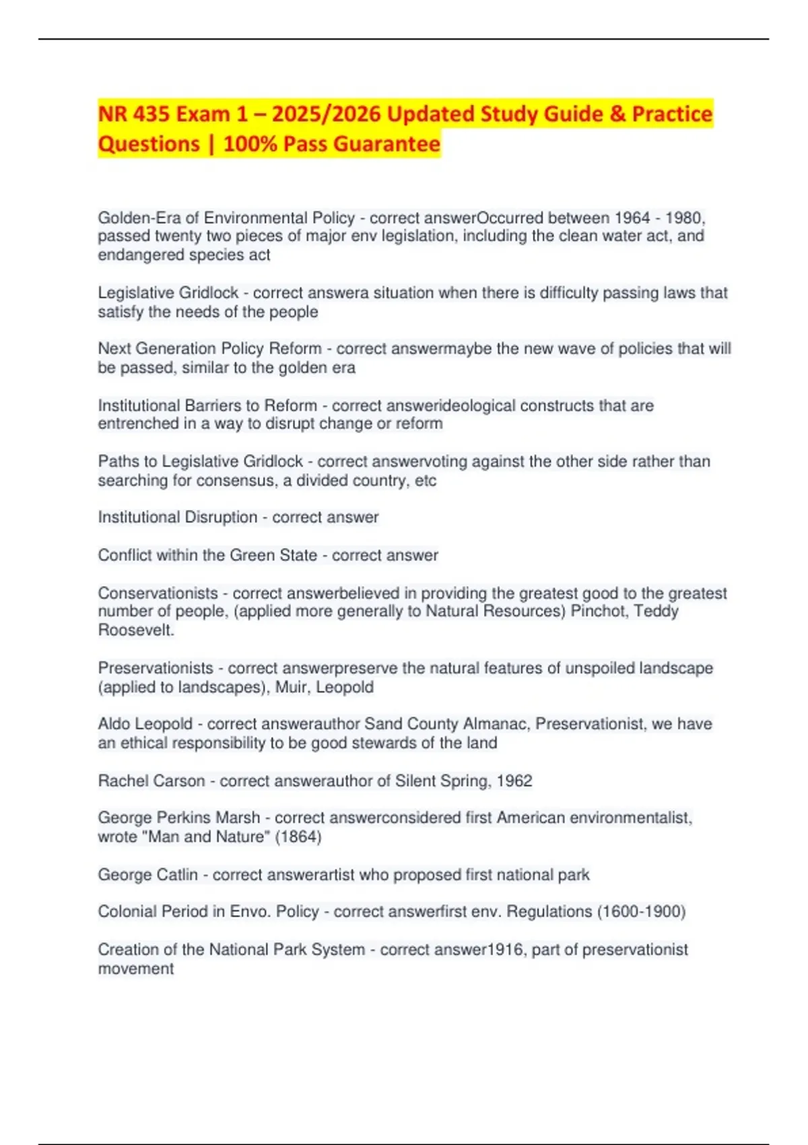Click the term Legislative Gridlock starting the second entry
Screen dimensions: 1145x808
point(168,293)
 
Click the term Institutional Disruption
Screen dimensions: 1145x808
point(178,517)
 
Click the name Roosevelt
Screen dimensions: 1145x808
point(135,630)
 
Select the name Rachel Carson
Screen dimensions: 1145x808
point(151,781)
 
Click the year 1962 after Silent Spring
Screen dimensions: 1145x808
point(514,781)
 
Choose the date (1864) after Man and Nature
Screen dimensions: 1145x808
point(298,837)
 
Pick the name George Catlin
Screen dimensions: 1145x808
point(148,874)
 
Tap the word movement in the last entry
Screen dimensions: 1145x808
point(136,969)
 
